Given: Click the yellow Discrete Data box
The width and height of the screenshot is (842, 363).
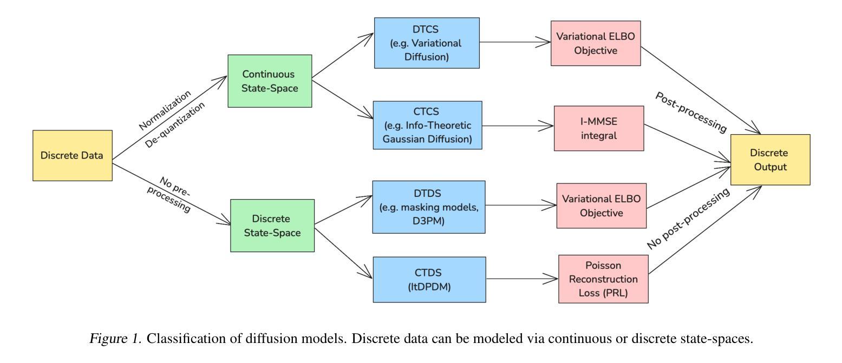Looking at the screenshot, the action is (73, 155).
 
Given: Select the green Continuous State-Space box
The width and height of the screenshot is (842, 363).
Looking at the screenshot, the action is (270, 81).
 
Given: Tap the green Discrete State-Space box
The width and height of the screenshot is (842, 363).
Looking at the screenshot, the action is (272, 226).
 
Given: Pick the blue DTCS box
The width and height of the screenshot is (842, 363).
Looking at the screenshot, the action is (427, 43).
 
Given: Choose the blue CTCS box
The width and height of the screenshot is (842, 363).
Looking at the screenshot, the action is (428, 125).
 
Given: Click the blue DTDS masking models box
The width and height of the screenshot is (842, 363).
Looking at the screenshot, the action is (429, 207).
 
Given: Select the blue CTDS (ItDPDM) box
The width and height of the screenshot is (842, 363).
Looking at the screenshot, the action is (429, 280).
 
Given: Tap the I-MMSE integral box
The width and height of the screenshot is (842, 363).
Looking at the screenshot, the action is (599, 128).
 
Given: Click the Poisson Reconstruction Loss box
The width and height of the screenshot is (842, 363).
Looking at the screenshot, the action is (604, 279).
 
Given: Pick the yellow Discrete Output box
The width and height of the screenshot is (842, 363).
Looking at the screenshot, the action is (771, 160).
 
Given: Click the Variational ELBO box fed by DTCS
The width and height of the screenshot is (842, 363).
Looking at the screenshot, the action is (596, 43).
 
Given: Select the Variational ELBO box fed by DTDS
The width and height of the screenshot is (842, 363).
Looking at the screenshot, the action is (602, 206).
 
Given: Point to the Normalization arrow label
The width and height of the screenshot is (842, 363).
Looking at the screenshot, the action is (165, 110).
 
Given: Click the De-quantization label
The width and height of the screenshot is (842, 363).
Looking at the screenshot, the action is (175, 124).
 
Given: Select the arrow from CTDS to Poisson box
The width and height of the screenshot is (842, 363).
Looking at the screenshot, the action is (522, 279).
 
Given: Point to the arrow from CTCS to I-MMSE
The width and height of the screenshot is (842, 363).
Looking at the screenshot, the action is (518, 126).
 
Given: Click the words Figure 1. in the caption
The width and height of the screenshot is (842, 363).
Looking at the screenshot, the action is (115, 339).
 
